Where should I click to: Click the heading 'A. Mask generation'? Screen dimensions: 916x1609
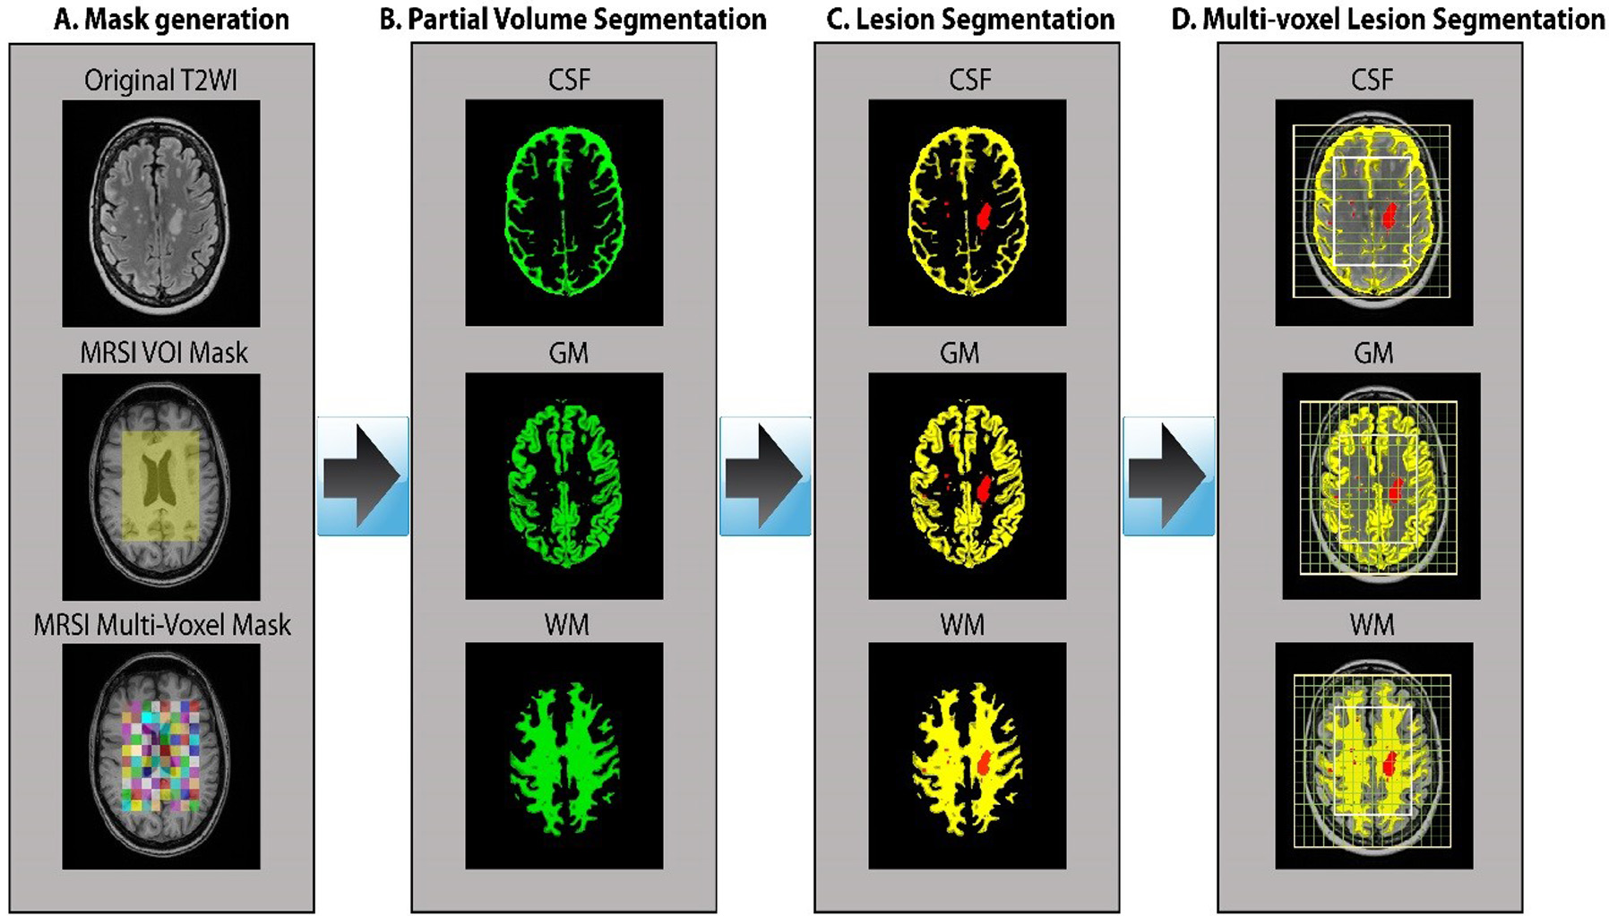[171, 20]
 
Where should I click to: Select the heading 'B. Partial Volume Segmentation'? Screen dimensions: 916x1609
[572, 20]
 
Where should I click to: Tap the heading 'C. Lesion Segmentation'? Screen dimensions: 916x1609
[970, 20]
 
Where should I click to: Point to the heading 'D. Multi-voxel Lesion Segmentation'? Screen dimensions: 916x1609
[1388, 20]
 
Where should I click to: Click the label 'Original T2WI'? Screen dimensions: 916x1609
[161, 81]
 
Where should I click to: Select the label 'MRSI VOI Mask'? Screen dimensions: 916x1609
[164, 353]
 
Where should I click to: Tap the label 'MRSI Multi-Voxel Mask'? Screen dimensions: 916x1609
[162, 624]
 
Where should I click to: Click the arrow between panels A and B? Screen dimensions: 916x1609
[362, 475]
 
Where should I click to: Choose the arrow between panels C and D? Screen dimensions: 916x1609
[1167, 475]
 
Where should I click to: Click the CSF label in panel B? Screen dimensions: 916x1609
[569, 80]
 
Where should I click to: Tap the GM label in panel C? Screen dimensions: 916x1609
[959, 353]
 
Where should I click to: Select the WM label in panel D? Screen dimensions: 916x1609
[1372, 624]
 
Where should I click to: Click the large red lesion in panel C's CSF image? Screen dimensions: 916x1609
[985, 214]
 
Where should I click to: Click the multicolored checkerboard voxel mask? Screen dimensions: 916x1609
[161, 757]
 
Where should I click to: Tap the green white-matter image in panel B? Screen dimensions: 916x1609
[564, 757]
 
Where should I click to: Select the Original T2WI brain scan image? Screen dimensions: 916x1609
[161, 212]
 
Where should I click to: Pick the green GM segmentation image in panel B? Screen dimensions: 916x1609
[564, 485]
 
